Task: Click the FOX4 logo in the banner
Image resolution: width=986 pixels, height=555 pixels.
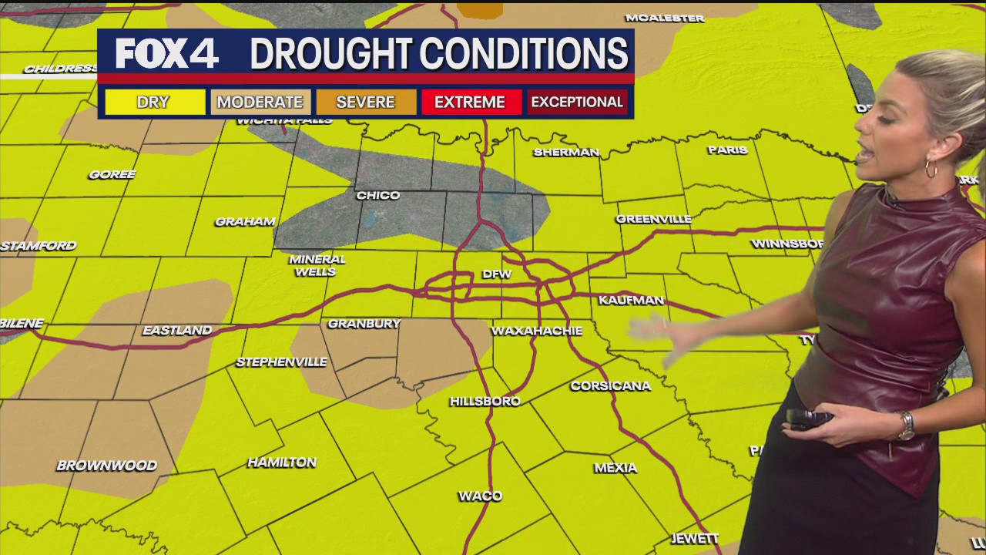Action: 166,54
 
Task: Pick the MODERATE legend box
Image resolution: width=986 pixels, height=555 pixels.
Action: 260,102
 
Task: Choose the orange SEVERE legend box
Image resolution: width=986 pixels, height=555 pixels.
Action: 366,102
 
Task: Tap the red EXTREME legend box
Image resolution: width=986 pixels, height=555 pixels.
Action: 470,102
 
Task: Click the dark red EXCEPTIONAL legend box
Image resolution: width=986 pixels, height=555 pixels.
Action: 577,102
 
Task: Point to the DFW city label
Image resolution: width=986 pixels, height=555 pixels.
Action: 497,274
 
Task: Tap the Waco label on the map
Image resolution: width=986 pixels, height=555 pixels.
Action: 480,496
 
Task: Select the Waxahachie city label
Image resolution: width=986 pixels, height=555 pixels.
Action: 536,331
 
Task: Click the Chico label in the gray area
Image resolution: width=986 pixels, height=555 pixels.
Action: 378,196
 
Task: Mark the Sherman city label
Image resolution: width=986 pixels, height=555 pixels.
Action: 566,153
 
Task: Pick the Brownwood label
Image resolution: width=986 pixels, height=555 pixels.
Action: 106,466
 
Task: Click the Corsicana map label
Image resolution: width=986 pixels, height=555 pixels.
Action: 610,385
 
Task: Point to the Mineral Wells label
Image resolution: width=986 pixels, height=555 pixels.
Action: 317,265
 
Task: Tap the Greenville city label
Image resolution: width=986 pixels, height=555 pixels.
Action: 653,220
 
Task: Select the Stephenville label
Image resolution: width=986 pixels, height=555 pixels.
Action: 281,362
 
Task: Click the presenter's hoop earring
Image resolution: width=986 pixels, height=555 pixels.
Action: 931,168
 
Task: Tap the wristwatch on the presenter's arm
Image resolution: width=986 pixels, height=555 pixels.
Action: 907,425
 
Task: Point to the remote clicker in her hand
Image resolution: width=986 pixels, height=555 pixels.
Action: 809,418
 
